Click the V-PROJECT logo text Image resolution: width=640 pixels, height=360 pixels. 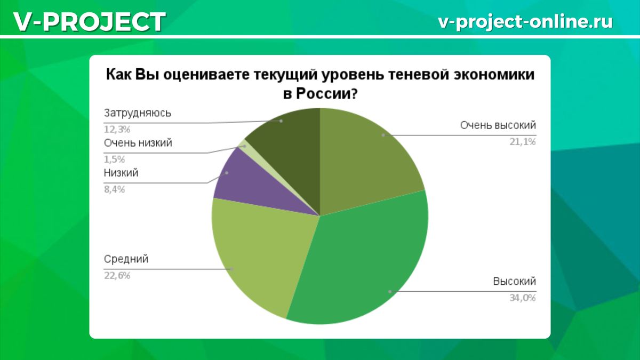(x=90, y=22)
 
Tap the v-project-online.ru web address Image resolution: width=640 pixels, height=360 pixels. (x=525, y=21)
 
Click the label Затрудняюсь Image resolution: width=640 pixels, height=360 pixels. (x=138, y=114)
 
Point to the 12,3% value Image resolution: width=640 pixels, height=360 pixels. (x=117, y=130)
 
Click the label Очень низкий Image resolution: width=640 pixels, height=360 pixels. (x=138, y=143)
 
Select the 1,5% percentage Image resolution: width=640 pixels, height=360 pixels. (x=114, y=159)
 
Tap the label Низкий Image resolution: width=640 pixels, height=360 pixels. (x=121, y=173)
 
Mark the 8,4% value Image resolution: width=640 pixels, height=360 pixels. (x=114, y=189)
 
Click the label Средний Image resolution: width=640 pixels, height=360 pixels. (x=126, y=259)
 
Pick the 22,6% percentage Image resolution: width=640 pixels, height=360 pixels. (x=117, y=275)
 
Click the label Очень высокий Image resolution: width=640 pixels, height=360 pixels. (x=498, y=125)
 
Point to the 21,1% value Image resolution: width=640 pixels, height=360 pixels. (x=523, y=141)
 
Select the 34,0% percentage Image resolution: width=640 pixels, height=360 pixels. (x=523, y=298)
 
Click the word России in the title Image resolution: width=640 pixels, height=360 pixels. (x=326, y=94)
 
